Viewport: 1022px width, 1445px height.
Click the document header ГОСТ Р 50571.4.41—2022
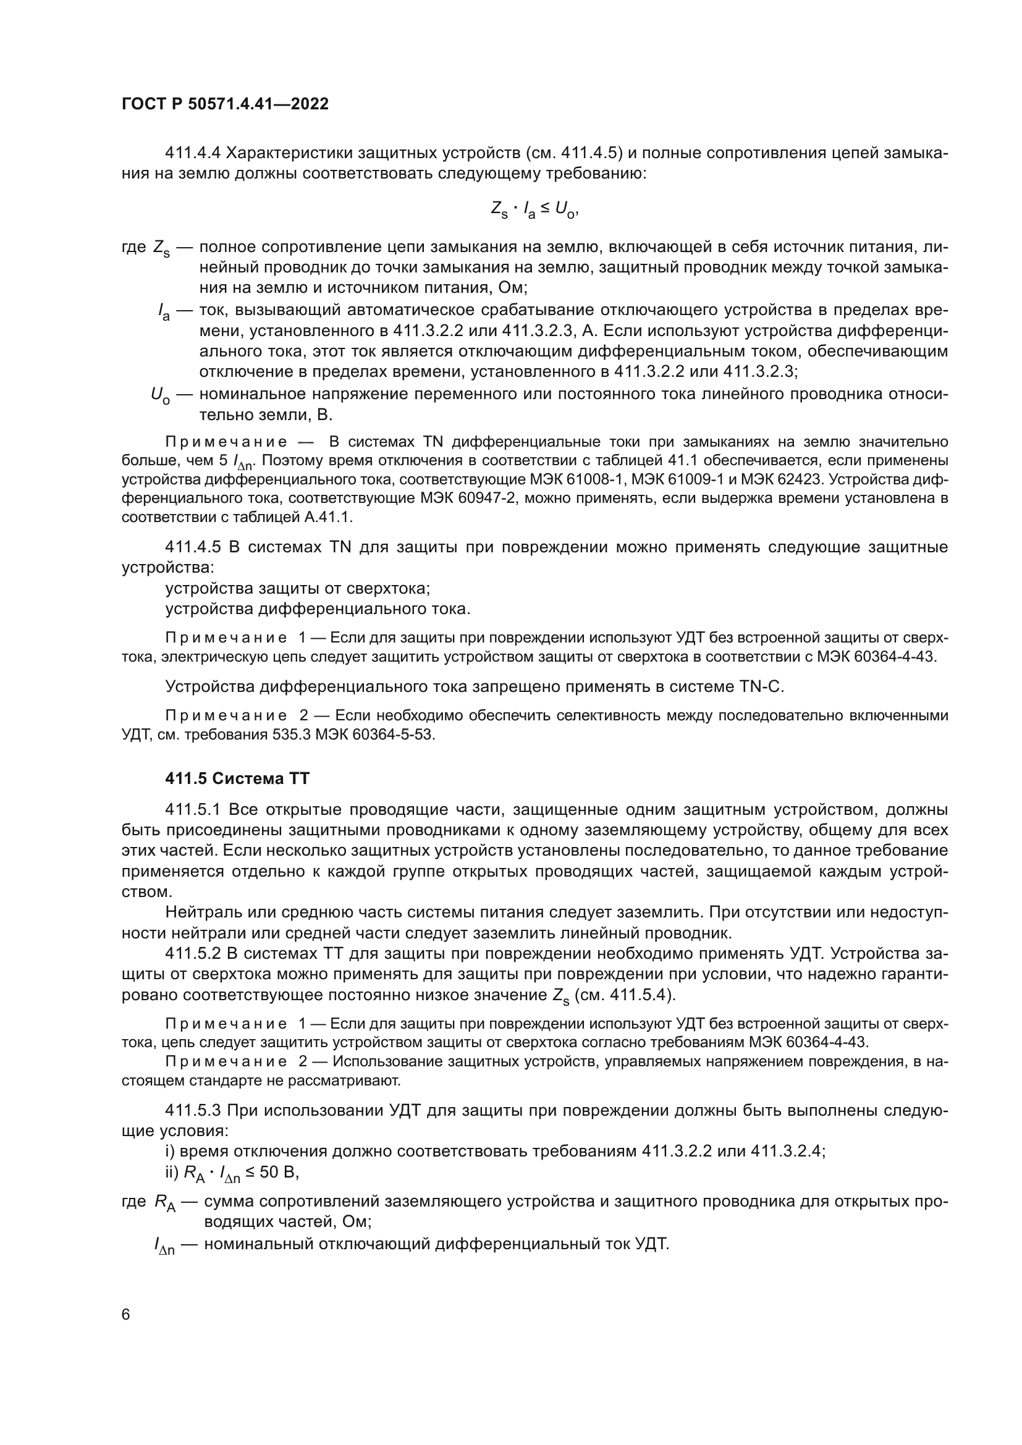click(x=225, y=104)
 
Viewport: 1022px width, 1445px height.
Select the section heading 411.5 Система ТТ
click(x=237, y=778)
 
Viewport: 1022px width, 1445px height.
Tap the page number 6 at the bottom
click(x=126, y=1315)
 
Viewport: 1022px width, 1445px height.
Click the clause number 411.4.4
click(x=193, y=153)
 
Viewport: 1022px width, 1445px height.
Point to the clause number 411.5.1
click(x=193, y=809)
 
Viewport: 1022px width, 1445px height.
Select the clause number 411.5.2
click(x=193, y=954)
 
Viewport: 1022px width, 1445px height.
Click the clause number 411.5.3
click(x=193, y=1110)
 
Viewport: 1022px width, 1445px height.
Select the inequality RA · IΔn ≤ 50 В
click(x=240, y=1173)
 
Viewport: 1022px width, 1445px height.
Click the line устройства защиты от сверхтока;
click(x=298, y=589)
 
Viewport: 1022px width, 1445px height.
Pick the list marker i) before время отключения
click(x=170, y=1151)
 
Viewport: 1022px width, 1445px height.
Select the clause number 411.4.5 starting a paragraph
click(x=193, y=547)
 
